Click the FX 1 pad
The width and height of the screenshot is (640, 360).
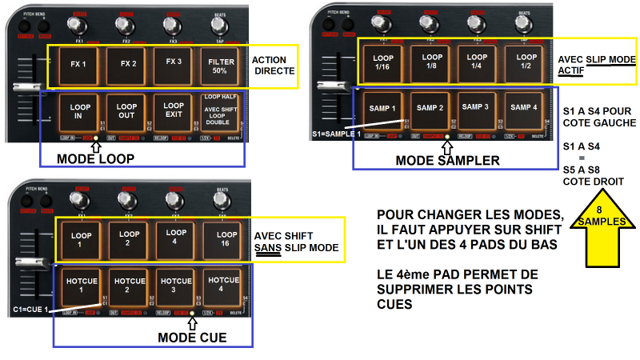pyautogui.click(x=78, y=63)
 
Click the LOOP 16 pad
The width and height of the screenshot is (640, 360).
pyautogui.click(x=223, y=238)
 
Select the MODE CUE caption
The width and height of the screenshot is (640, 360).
pyautogui.click(x=191, y=338)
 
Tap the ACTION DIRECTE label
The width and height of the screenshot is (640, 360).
pyautogui.click(x=274, y=66)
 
